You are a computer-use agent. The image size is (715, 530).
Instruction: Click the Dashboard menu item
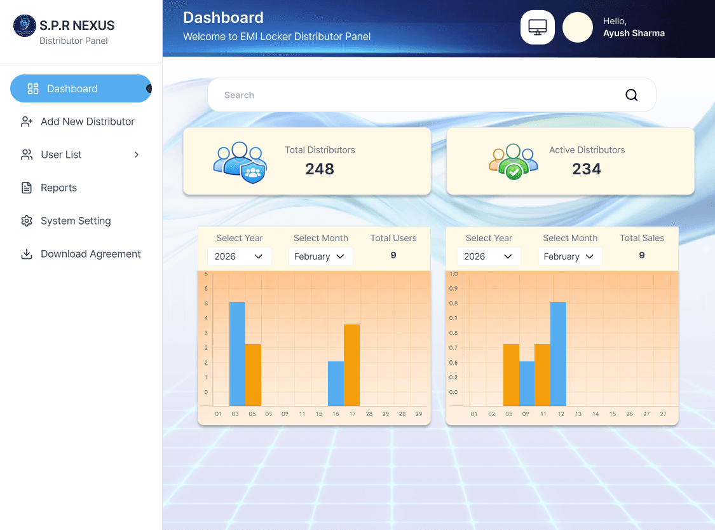[72, 88]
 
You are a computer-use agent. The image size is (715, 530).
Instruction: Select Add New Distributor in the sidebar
[87, 122]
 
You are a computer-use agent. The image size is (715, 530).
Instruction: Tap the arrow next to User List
[137, 155]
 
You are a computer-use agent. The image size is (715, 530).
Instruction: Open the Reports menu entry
[58, 188]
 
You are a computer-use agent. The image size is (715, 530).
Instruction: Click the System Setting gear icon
[27, 221]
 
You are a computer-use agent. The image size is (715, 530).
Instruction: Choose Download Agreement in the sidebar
[90, 254]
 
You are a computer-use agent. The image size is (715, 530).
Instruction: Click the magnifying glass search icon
[631, 95]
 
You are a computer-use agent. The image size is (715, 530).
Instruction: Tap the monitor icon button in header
[538, 28]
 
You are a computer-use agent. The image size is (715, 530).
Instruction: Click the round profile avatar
[578, 28]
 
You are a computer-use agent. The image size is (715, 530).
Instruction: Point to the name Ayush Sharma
[634, 33]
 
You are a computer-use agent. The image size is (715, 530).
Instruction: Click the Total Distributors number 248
[319, 169]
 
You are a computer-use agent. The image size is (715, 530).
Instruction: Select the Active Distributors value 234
[586, 169]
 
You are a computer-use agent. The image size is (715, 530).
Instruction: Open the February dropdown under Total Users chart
[320, 256]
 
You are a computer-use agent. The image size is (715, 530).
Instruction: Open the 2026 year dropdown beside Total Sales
[488, 256]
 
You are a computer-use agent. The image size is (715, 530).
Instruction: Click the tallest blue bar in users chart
[237, 354]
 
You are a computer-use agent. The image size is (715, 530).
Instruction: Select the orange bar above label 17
[351, 365]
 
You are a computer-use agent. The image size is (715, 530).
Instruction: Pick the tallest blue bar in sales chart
[558, 354]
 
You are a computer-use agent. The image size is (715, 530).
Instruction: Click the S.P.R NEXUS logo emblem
[25, 26]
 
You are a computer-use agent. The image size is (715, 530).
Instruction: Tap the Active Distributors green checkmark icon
[514, 170]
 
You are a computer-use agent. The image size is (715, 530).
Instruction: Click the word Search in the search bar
[239, 95]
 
